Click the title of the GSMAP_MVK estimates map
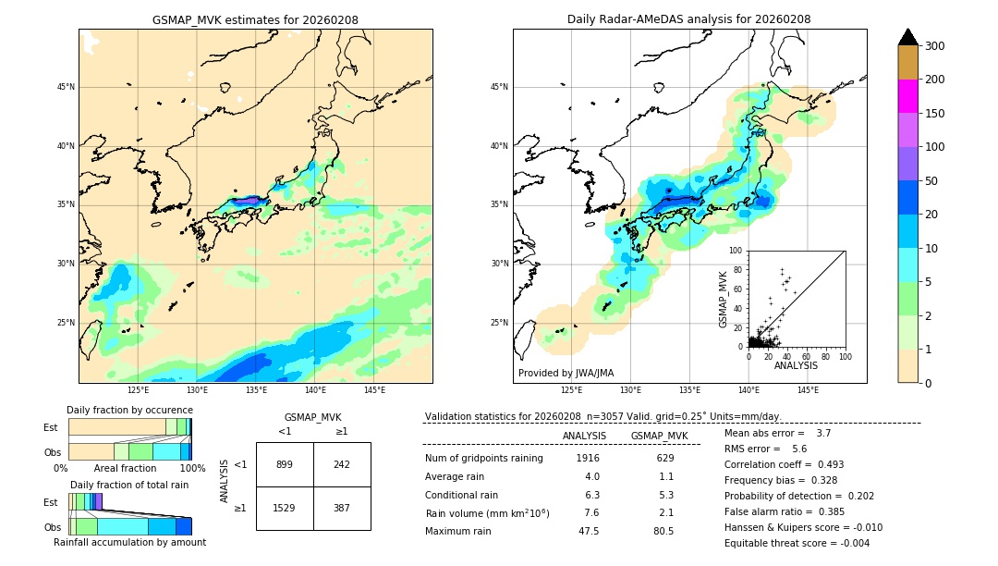[x=255, y=20]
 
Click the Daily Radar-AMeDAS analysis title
[x=689, y=20]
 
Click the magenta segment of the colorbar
[x=908, y=96]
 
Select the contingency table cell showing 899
[x=285, y=464]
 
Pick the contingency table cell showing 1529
[x=285, y=509]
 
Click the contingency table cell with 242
[x=342, y=464]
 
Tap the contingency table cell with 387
[x=342, y=509]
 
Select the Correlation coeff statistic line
[x=784, y=464]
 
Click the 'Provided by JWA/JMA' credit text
[x=566, y=374]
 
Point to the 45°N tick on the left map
[x=65, y=87]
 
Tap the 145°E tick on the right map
[x=809, y=390]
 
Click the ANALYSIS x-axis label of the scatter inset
[x=796, y=365]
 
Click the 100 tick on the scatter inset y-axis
[x=736, y=251]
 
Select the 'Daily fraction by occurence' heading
[x=128, y=410]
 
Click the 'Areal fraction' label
[x=126, y=469]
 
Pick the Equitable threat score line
[x=797, y=543]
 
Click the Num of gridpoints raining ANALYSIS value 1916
[x=588, y=459]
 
